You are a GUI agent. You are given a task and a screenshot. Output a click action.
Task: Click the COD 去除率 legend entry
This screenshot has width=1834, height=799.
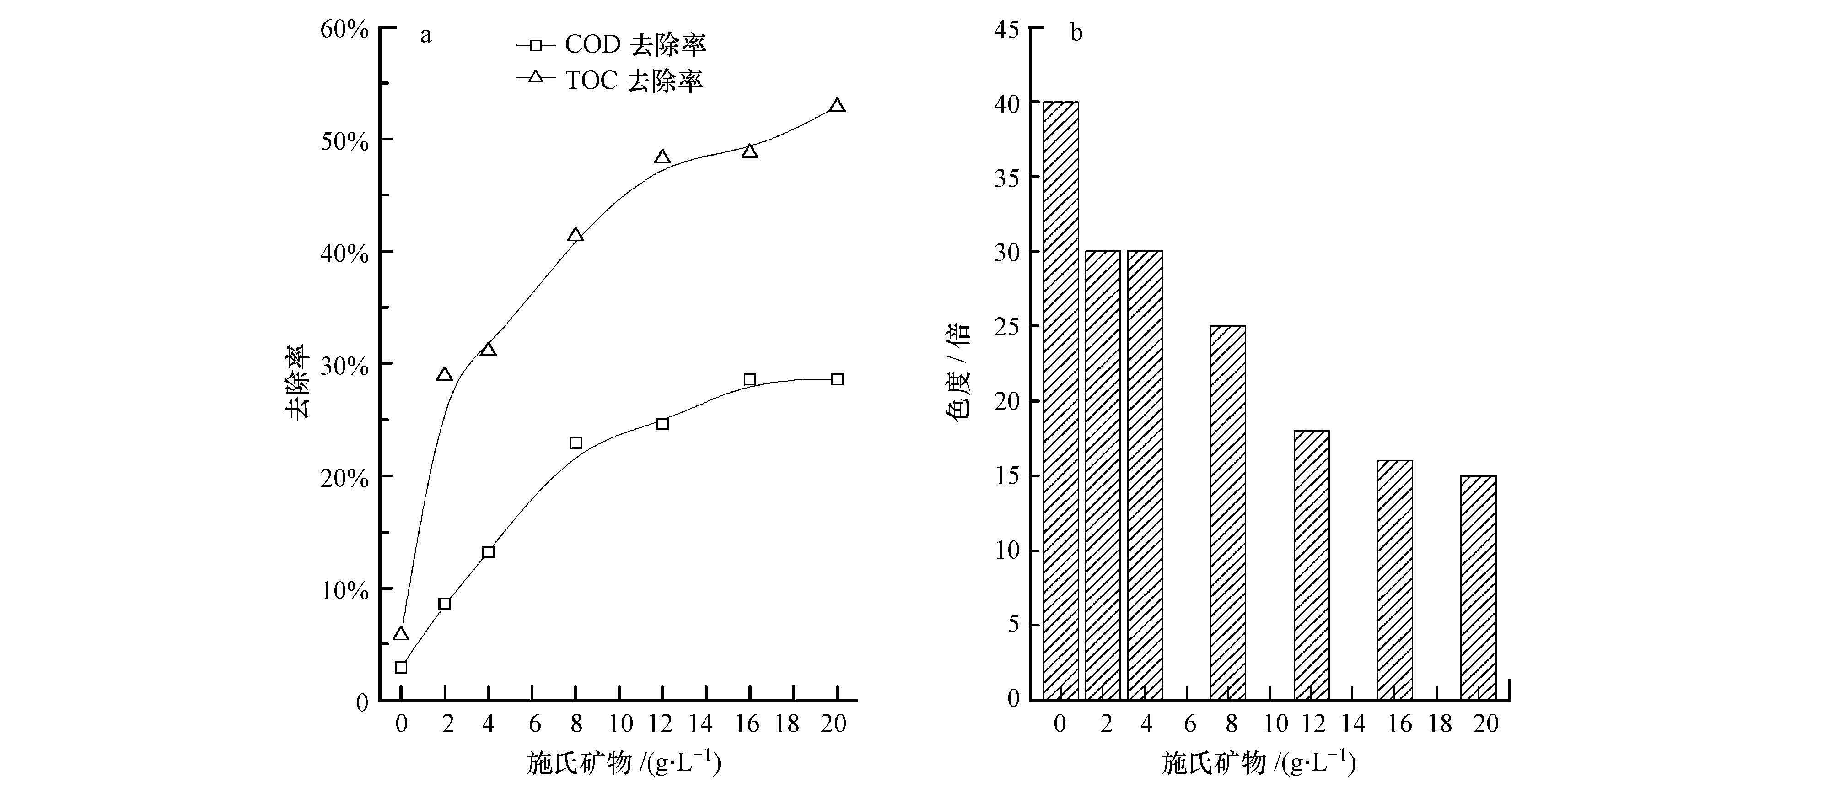[611, 45]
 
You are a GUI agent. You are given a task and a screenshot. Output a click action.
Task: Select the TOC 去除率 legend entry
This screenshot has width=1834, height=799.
[611, 80]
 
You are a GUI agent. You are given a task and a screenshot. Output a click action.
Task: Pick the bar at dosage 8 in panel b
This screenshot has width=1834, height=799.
[1227, 513]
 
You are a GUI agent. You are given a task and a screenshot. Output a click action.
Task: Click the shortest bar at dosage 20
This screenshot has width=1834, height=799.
[1478, 588]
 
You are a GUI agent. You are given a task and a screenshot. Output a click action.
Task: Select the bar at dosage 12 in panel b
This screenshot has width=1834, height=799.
[1312, 565]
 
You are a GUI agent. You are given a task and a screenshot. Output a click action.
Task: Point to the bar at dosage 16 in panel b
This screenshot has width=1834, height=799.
[1395, 580]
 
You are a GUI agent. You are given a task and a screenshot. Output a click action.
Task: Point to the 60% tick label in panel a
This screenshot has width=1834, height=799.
[344, 29]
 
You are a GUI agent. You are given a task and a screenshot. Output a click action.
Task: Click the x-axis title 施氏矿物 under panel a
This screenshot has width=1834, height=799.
[624, 762]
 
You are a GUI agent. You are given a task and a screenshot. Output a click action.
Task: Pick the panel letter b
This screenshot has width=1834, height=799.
[1076, 33]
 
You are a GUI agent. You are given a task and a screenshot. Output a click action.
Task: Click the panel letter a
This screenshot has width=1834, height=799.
[426, 34]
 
